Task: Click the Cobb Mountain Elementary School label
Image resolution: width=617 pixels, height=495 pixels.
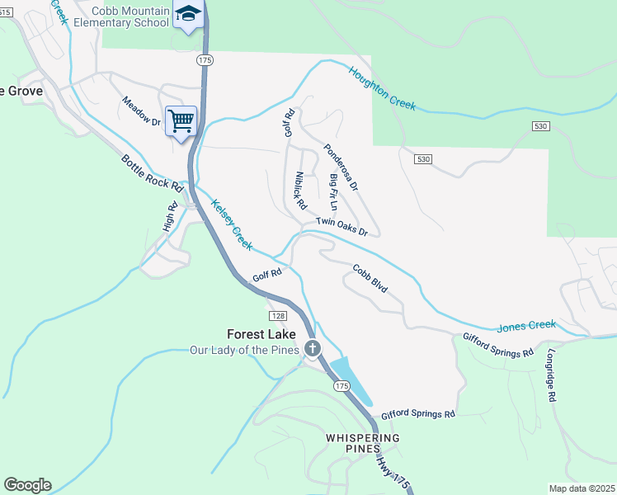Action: pyautogui.click(x=121, y=16)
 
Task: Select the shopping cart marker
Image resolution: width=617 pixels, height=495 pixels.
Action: pyautogui.click(x=181, y=121)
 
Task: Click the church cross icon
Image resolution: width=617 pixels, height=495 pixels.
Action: pyautogui.click(x=313, y=349)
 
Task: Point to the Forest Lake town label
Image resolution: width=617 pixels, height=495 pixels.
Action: pyautogui.click(x=259, y=334)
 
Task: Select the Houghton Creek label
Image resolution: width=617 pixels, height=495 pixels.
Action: pyautogui.click(x=381, y=89)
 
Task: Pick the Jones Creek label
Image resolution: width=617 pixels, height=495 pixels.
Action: pyautogui.click(x=526, y=326)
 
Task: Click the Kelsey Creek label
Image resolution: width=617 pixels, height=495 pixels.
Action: pyautogui.click(x=231, y=224)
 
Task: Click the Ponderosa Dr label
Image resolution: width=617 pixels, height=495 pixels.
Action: pyautogui.click(x=341, y=168)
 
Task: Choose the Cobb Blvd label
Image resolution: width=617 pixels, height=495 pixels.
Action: pyautogui.click(x=370, y=279)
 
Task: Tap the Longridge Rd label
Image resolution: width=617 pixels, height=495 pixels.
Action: pyautogui.click(x=551, y=375)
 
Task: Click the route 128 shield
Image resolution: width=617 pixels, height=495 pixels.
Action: pyautogui.click(x=278, y=317)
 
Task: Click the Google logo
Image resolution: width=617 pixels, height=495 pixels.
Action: pyautogui.click(x=27, y=485)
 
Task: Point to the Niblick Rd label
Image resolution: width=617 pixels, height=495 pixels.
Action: pyautogui.click(x=299, y=190)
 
